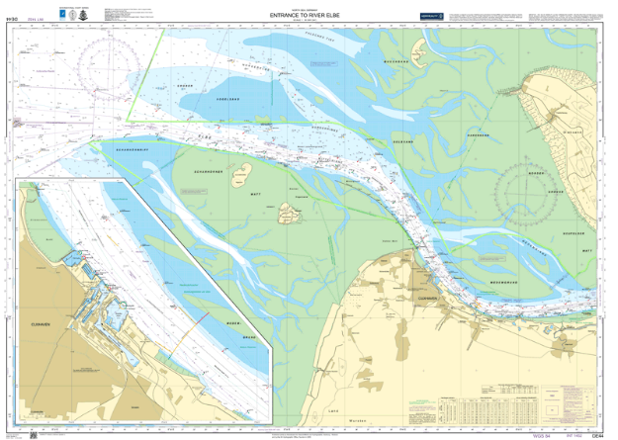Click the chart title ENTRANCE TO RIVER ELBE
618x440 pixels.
309,16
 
